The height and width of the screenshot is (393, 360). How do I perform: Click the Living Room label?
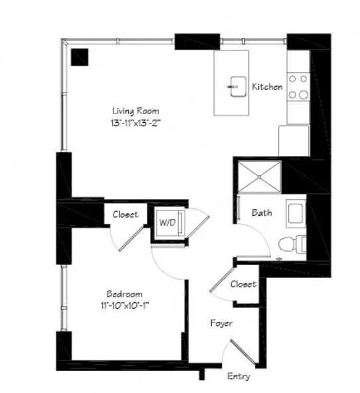pos(135,111)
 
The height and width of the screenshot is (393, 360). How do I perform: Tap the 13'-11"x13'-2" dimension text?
pos(135,123)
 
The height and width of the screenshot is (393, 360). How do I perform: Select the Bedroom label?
pos(124,293)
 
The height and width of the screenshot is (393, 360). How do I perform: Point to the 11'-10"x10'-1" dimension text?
pos(125,305)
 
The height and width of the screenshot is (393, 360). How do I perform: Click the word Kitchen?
pos(267,86)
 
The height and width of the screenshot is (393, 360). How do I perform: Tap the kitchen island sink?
pos(238,87)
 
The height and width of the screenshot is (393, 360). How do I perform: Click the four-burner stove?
pos(298,87)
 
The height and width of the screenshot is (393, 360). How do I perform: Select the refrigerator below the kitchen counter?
pos(294,141)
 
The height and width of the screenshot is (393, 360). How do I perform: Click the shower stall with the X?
pos(259,177)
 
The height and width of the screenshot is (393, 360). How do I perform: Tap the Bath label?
pos(262,212)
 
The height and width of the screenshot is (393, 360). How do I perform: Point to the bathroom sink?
pos(296,214)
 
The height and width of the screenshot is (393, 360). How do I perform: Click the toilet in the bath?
pos(292,244)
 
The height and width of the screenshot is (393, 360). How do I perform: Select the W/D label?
pos(167,222)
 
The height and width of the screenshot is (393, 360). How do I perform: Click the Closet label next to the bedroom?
pos(126,214)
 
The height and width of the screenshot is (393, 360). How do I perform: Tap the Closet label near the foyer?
pos(243,284)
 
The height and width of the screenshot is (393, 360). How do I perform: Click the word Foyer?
pos(221,323)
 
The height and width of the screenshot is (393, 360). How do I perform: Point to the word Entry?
pos(238,376)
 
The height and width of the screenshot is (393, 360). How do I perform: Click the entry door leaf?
pos(242,352)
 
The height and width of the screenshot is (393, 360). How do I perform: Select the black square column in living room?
pos(80,57)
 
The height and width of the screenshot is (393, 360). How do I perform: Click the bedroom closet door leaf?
pos(131,238)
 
